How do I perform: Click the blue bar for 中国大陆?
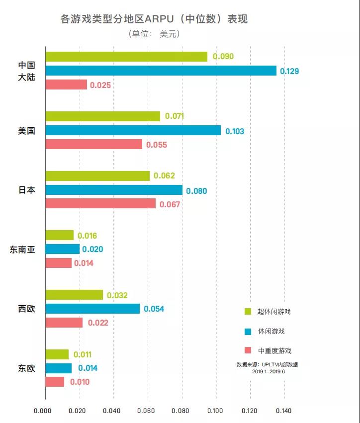click(x=161, y=71)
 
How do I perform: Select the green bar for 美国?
click(x=103, y=116)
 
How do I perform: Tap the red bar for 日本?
click(x=100, y=203)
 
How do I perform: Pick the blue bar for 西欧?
click(x=92, y=309)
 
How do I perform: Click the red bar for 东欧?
click(x=55, y=382)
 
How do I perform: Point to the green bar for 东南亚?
click(x=59, y=235)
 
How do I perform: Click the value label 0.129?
click(x=289, y=71)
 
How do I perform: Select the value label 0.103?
click(x=235, y=131)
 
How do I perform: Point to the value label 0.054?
click(x=154, y=309)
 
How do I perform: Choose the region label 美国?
click(x=26, y=131)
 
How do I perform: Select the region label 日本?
click(x=26, y=190)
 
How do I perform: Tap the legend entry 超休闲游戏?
click(x=273, y=312)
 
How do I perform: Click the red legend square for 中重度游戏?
click(x=248, y=350)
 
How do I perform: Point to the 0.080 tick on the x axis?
click(x=181, y=411)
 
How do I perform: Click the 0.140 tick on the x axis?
click(x=284, y=411)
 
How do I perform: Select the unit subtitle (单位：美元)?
click(x=154, y=34)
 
